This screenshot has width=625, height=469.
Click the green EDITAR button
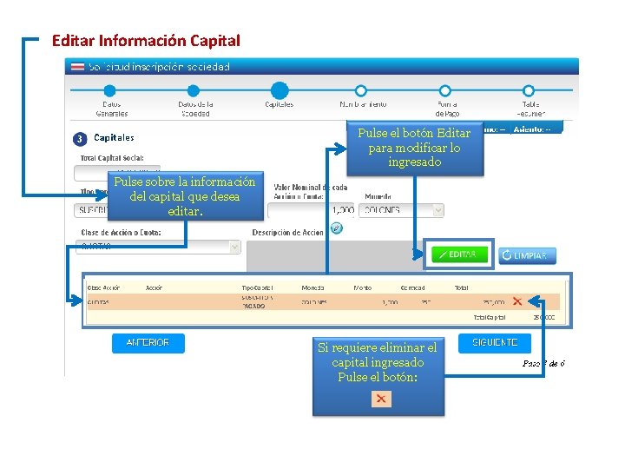[459, 254]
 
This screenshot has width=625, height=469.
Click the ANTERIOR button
[148, 343]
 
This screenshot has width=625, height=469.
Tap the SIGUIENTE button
[495, 343]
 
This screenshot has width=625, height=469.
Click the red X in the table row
[517, 301]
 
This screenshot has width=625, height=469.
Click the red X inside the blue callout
[380, 399]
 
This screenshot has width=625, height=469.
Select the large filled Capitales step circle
[279, 90]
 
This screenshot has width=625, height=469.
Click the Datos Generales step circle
[110, 90]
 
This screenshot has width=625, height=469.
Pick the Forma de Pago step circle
[445, 90]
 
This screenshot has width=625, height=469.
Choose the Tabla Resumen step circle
[530, 90]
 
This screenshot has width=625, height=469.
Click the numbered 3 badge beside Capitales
[79, 138]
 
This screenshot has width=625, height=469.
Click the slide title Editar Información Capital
[146, 41]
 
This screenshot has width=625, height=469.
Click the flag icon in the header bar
[77, 67]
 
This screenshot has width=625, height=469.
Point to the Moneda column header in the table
[312, 287]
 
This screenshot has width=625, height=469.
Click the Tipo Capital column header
[257, 287]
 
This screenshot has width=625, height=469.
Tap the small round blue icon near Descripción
[336, 228]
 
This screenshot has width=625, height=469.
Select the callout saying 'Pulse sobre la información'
[185, 196]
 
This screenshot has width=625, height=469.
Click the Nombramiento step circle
[361, 90]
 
